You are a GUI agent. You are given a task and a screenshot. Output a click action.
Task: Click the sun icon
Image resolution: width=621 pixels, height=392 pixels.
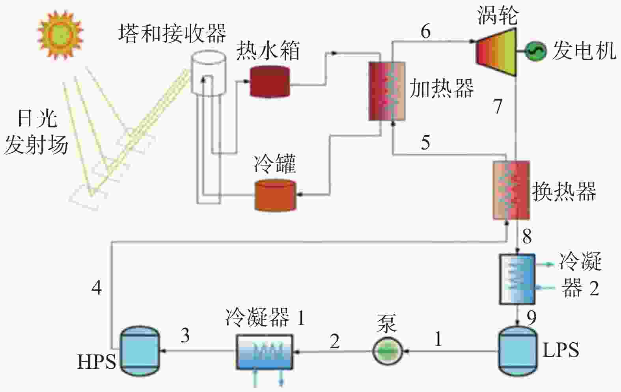pyautogui.click(x=60, y=34)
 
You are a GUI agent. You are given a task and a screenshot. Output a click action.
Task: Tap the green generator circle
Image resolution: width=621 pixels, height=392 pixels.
pyautogui.click(x=535, y=51)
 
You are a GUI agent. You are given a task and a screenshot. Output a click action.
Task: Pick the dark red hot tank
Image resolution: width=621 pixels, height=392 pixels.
pyautogui.click(x=270, y=82)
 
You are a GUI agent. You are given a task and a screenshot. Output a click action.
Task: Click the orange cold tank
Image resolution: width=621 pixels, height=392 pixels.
pyautogui.click(x=276, y=196)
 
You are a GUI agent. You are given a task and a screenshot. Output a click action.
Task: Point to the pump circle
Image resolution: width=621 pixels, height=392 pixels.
pyautogui.click(x=387, y=351)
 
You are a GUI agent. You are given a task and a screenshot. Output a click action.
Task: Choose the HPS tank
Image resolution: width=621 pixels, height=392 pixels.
pyautogui.click(x=140, y=351)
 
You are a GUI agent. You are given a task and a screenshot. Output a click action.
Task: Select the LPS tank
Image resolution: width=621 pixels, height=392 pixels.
pyautogui.click(x=518, y=351)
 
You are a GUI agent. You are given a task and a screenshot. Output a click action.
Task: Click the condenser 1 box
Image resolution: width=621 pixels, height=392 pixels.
pyautogui.click(x=265, y=352)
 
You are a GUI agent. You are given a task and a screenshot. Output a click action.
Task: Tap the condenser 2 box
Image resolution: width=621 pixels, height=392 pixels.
pyautogui.click(x=517, y=279)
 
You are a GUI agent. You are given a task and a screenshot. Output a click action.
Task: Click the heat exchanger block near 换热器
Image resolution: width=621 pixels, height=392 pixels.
pyautogui.click(x=511, y=190)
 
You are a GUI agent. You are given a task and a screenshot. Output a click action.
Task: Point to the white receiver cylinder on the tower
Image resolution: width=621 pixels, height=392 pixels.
pyautogui.click(x=209, y=73)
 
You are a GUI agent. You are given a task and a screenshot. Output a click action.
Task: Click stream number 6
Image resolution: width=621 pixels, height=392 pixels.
pyautogui.click(x=426, y=31)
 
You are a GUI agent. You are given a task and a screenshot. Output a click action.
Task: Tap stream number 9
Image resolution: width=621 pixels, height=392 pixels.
pyautogui.click(x=531, y=318)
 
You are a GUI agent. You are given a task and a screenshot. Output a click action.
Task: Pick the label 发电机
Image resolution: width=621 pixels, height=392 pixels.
pyautogui.click(x=584, y=51)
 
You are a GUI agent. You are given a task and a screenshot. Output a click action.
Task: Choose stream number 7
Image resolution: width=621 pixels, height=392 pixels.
pyautogui.click(x=498, y=106)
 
